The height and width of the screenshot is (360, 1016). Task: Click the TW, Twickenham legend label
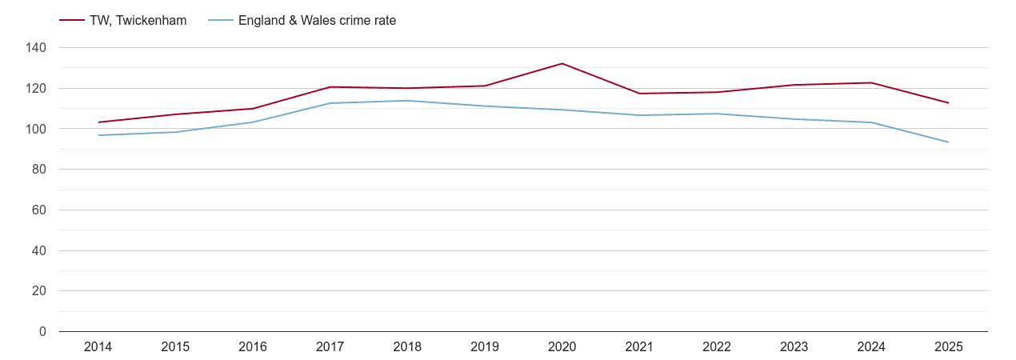pyautogui.click(x=138, y=21)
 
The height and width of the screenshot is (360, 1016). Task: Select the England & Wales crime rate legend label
pyautogui.click(x=317, y=21)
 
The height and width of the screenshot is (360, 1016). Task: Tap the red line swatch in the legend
pyautogui.click(x=72, y=21)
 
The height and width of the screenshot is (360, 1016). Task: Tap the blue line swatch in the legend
pyautogui.click(x=220, y=21)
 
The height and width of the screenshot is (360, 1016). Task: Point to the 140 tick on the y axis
pyautogui.click(x=37, y=48)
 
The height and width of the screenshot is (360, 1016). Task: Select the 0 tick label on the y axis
pyautogui.click(x=43, y=332)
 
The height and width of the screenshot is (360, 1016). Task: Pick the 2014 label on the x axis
pyautogui.click(x=98, y=347)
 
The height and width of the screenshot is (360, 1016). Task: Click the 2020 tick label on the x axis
pyautogui.click(x=562, y=347)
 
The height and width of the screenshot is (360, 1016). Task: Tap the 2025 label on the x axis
pyautogui.click(x=948, y=347)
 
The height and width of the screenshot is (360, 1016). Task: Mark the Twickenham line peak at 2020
pyautogui.click(x=562, y=63)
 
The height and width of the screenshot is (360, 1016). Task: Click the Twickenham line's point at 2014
pyautogui.click(x=98, y=122)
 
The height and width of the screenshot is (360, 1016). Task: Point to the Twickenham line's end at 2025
pyautogui.click(x=948, y=103)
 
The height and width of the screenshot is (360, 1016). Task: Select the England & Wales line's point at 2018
pyautogui.click(x=407, y=101)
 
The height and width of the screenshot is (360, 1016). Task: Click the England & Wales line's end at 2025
pyautogui.click(x=948, y=142)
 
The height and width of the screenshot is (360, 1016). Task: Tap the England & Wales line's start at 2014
pyautogui.click(x=98, y=135)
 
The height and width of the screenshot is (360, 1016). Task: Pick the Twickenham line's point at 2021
pyautogui.click(x=639, y=94)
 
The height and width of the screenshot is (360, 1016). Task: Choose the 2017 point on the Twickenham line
pyautogui.click(x=330, y=87)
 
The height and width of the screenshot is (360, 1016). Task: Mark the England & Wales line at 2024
pyautogui.click(x=871, y=122)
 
